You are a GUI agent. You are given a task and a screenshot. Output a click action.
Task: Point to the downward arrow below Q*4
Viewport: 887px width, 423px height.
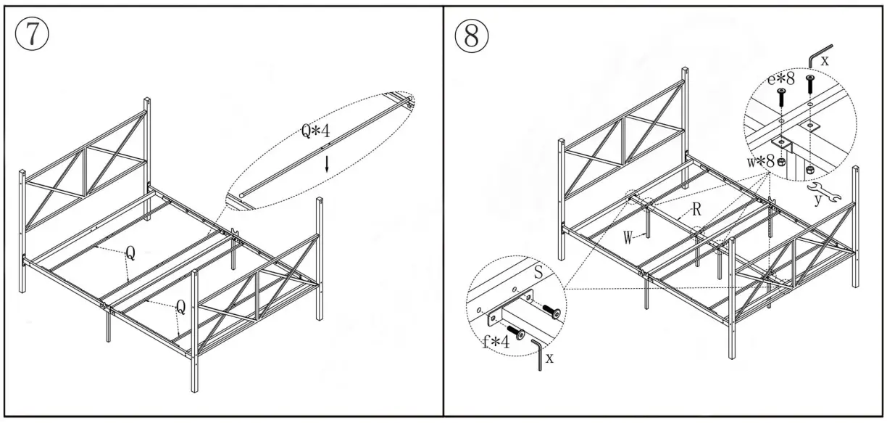[327, 164]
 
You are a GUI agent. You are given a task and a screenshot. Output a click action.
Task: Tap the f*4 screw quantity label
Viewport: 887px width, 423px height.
[495, 340]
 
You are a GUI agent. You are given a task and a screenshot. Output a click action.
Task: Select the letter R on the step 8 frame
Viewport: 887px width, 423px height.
[696, 210]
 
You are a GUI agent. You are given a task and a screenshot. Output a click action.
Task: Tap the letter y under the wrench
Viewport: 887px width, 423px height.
[817, 200]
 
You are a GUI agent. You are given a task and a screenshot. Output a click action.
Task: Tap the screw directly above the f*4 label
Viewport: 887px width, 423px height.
[515, 331]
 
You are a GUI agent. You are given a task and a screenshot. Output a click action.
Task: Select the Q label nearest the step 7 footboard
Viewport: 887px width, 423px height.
[180, 307]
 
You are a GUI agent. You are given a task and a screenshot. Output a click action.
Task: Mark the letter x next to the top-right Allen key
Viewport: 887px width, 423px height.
[825, 61]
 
